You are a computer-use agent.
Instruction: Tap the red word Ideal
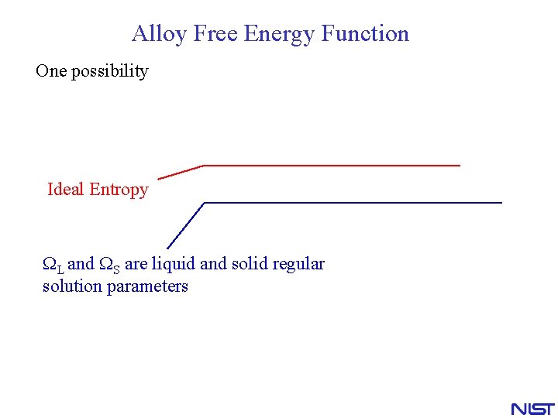click(66, 190)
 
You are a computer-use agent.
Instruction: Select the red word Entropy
click(119, 190)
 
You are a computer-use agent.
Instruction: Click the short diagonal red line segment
click(181, 172)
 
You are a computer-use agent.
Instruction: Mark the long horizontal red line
click(332, 165)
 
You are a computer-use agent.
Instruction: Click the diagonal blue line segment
click(186, 225)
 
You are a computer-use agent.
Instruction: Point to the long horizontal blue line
click(353, 203)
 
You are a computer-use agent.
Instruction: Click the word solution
click(72, 286)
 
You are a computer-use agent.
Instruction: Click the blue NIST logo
click(532, 408)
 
